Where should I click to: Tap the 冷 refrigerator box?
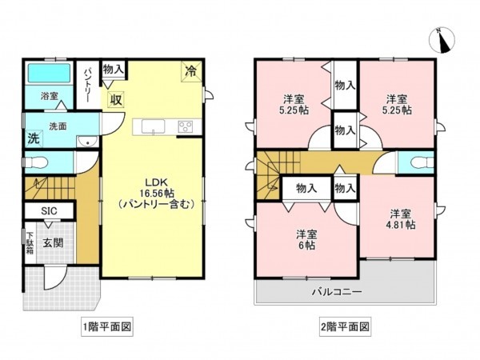point(191,71)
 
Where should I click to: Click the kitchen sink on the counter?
point(154,126)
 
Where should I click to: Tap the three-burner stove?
point(186,126)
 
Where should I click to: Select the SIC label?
point(38,210)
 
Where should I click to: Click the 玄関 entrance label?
point(54,242)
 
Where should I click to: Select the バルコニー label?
point(336,293)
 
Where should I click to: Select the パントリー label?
point(88,82)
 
